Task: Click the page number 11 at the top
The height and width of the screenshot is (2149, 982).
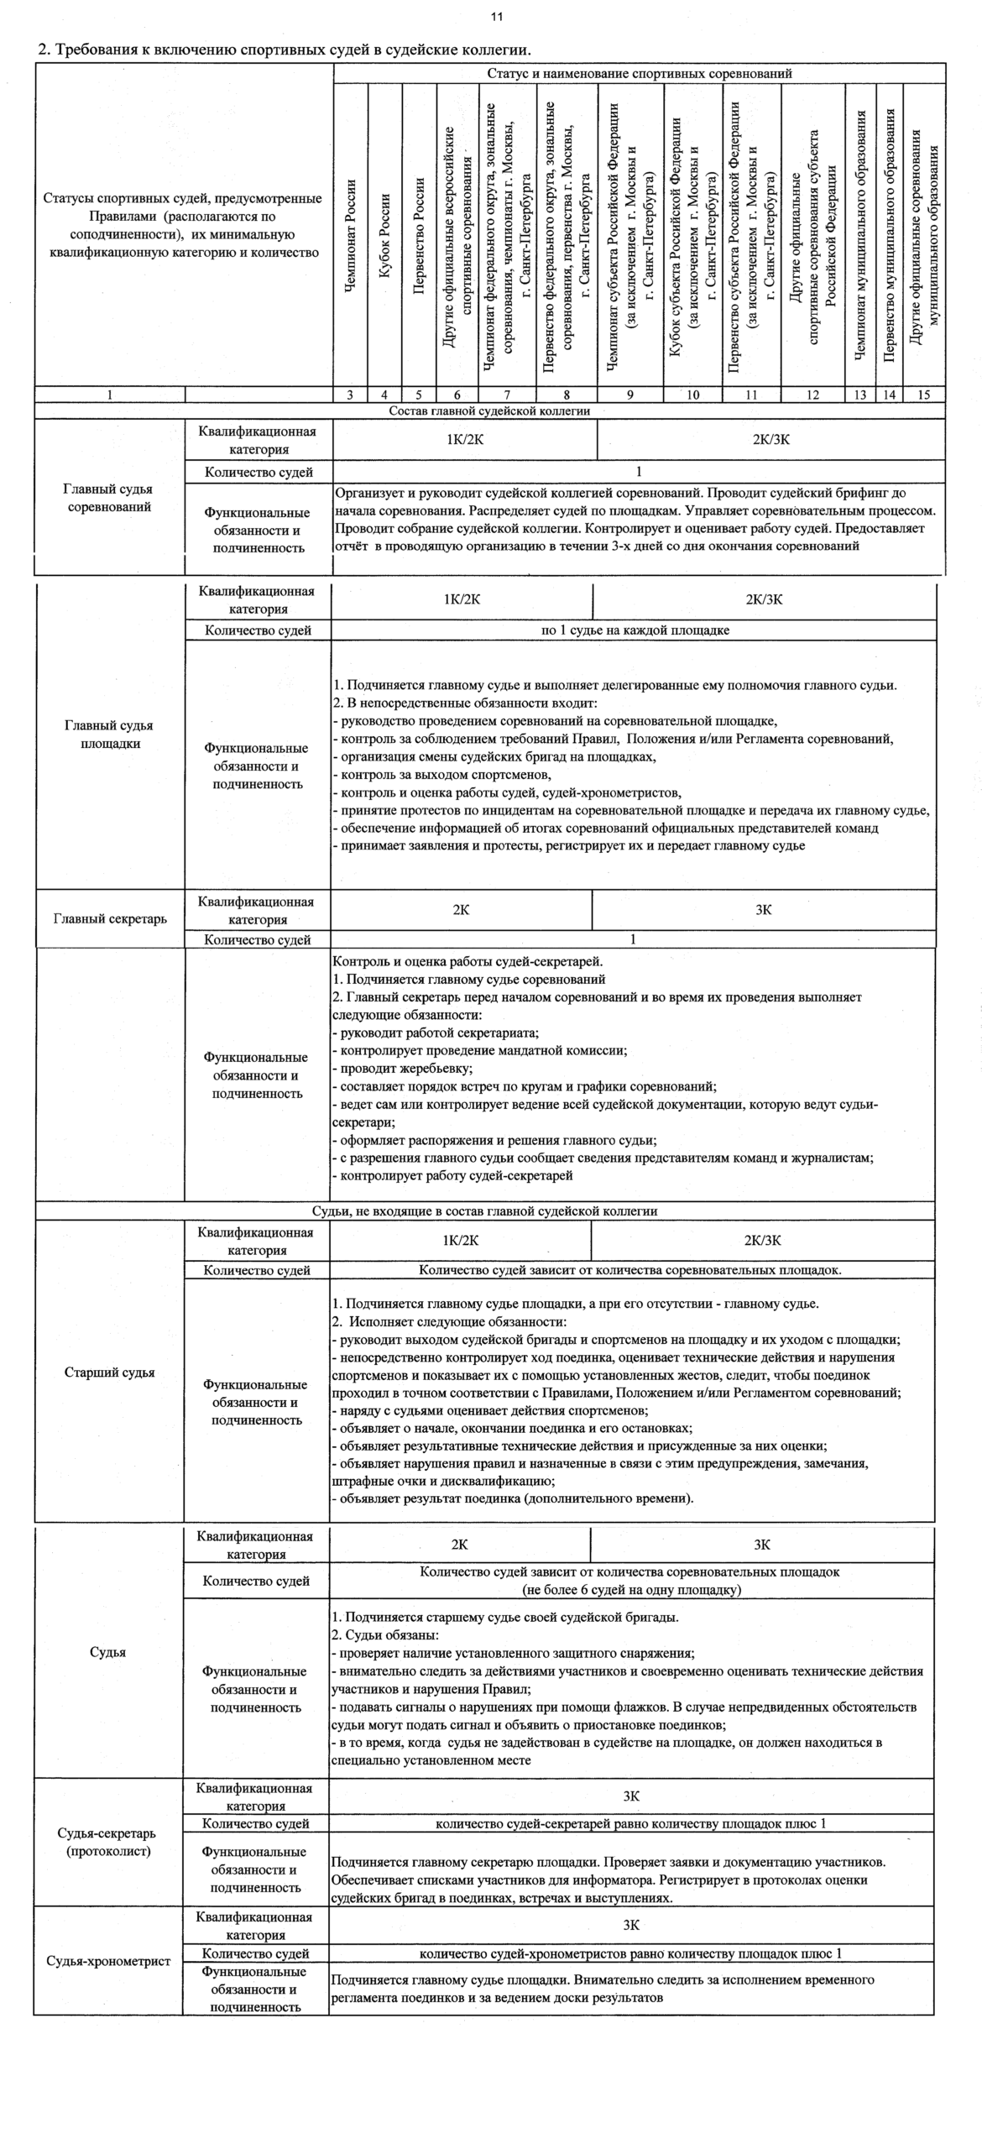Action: [x=497, y=17]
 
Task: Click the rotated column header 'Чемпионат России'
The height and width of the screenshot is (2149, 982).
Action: [x=351, y=236]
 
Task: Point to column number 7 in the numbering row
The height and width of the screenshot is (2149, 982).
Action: [x=507, y=395]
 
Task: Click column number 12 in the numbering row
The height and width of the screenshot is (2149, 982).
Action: [x=812, y=395]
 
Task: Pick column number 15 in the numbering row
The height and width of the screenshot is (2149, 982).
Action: [x=924, y=395]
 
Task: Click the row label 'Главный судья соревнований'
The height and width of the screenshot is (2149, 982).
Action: [x=109, y=498]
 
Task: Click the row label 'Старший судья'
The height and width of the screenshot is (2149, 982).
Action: [x=109, y=1373]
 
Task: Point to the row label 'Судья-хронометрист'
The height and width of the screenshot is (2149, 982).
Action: [x=108, y=1961]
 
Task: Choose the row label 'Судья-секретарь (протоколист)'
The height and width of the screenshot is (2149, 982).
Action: [x=108, y=1842]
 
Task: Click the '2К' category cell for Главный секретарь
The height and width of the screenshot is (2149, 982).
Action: [x=461, y=910]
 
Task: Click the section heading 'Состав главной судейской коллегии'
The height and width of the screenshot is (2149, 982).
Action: [x=489, y=411]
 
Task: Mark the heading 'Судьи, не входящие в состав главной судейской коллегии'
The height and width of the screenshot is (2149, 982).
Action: [x=484, y=1211]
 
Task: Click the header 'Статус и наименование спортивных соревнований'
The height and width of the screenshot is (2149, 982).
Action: [x=640, y=73]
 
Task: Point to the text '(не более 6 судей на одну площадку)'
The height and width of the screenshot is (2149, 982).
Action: [x=631, y=1590]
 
